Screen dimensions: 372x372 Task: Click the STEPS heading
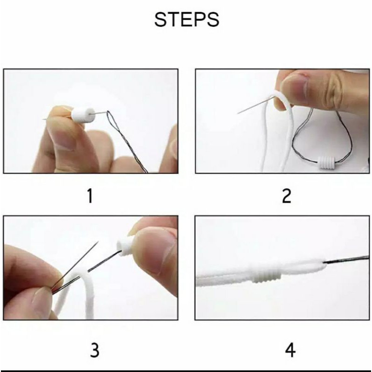pyautogui.click(x=187, y=20)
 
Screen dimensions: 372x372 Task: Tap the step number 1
pyautogui.click(x=90, y=196)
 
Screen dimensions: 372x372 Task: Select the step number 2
pyautogui.click(x=286, y=196)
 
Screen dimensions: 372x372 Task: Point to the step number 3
pyautogui.click(x=95, y=350)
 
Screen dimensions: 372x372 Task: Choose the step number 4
pyautogui.click(x=290, y=350)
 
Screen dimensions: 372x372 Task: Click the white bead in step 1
pyautogui.click(x=83, y=115)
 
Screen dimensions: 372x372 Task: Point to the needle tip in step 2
pyautogui.click(x=238, y=113)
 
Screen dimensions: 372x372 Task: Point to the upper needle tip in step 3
pyautogui.click(x=98, y=242)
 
